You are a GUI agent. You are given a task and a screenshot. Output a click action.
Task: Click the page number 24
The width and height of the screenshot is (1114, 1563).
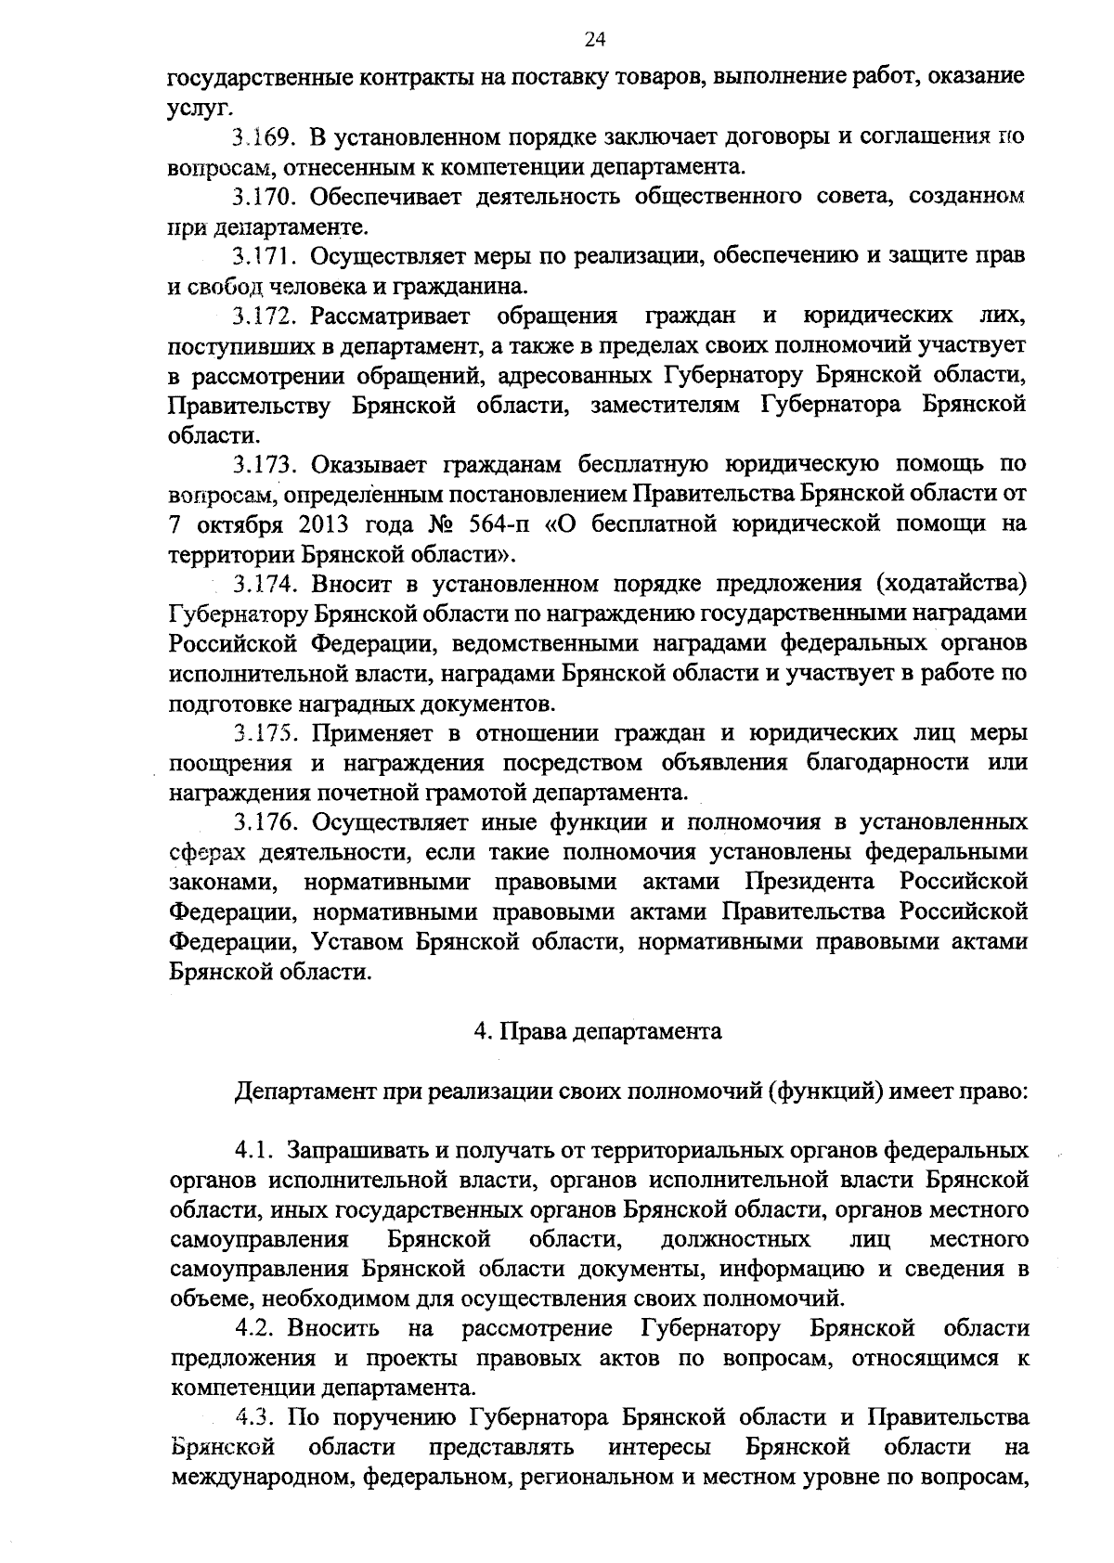pyautogui.click(x=594, y=38)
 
